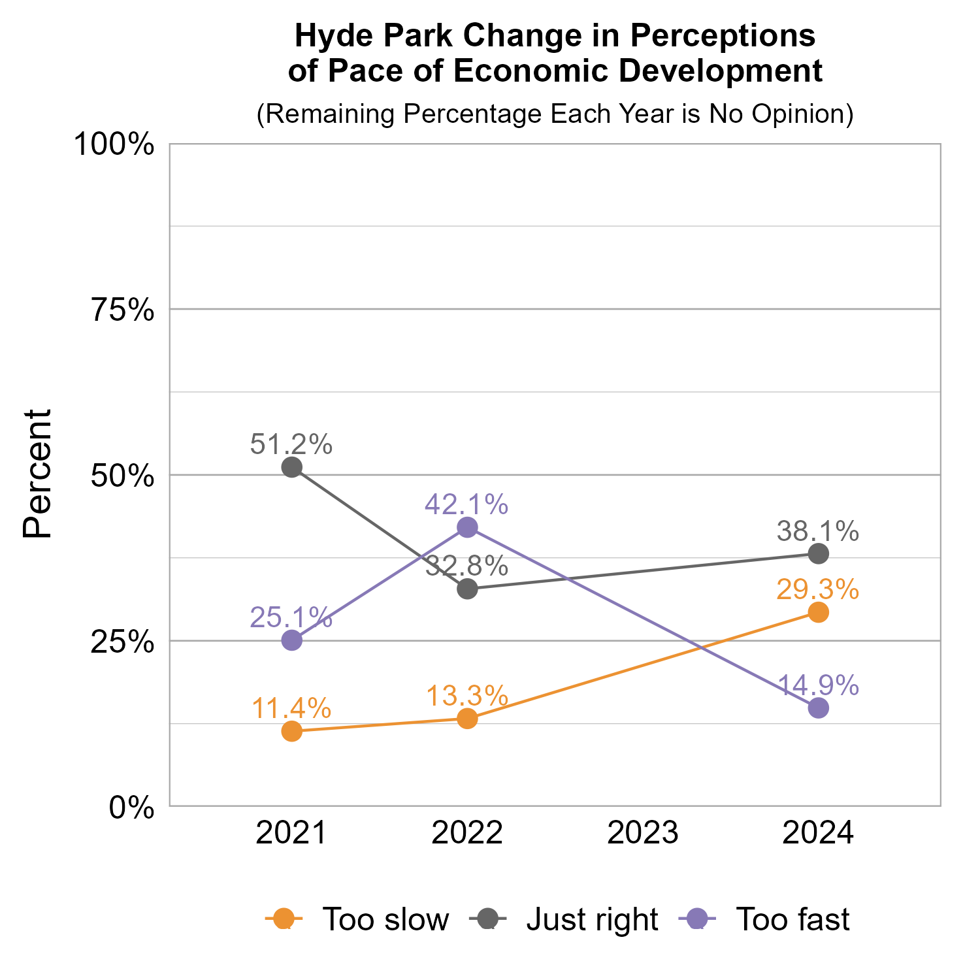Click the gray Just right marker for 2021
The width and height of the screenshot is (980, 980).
(x=292, y=467)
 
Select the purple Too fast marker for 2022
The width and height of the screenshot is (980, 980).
(x=467, y=527)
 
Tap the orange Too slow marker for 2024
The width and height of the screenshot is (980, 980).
(x=819, y=612)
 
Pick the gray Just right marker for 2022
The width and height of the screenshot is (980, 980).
(x=467, y=589)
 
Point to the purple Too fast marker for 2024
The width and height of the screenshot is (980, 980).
(x=819, y=708)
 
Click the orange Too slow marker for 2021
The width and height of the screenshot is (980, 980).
(x=292, y=731)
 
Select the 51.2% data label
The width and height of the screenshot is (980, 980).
(x=291, y=445)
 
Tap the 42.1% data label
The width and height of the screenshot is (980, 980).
(x=466, y=504)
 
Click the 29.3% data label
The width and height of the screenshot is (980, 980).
(x=818, y=590)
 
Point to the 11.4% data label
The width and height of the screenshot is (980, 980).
(x=291, y=708)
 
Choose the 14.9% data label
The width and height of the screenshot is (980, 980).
(x=818, y=685)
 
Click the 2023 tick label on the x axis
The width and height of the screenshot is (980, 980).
(x=643, y=834)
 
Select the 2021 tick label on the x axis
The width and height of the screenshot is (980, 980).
(x=291, y=834)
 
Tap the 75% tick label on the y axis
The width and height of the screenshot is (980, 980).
(x=123, y=310)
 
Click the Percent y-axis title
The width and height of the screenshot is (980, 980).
(x=37, y=474)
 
